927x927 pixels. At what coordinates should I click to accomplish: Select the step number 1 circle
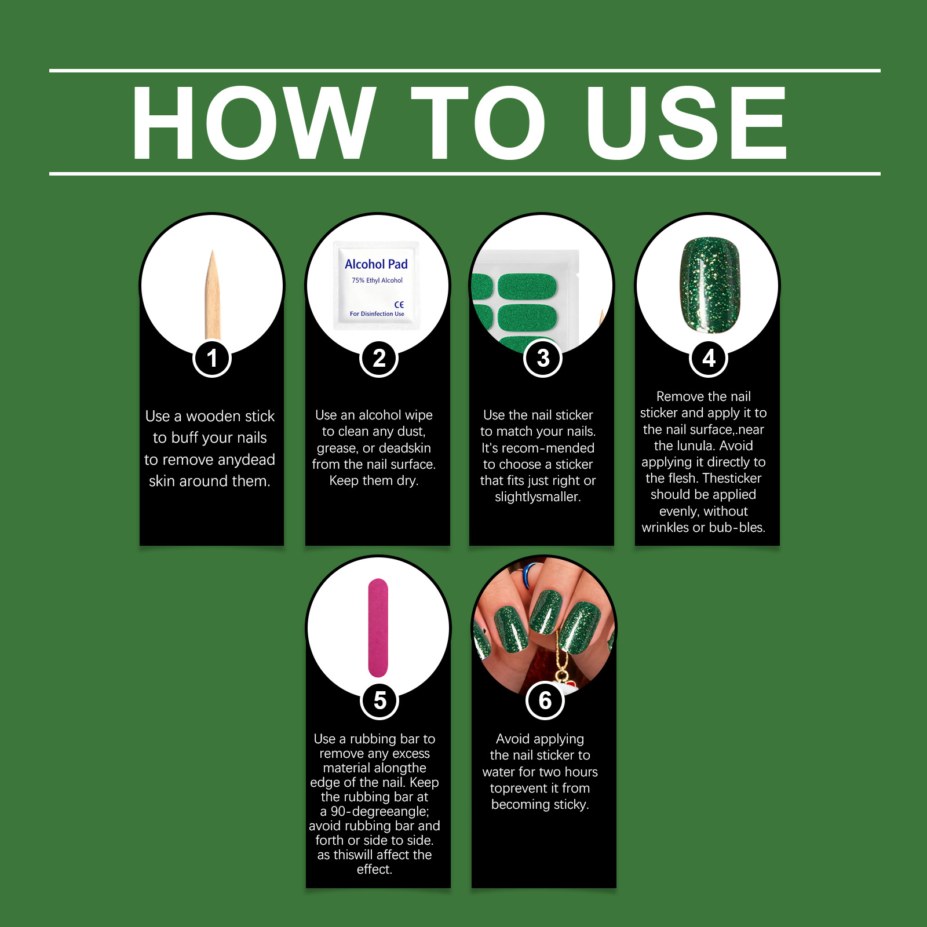tap(212, 358)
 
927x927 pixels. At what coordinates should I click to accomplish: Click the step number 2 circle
tap(379, 358)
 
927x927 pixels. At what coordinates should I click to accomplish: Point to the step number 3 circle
tap(543, 358)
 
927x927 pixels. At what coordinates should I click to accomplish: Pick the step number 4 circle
tap(709, 358)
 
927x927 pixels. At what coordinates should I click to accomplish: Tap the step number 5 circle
tap(379, 700)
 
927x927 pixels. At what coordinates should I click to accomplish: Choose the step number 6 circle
tap(545, 700)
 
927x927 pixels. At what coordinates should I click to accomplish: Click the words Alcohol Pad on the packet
tap(376, 264)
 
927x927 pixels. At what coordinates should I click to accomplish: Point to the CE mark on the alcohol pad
tap(399, 304)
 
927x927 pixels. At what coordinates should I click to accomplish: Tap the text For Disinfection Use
tap(377, 314)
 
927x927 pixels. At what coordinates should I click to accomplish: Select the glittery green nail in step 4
tap(710, 284)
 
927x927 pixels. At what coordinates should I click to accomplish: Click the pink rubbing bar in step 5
tap(378, 627)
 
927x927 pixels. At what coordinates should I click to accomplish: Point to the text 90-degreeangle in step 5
tap(379, 811)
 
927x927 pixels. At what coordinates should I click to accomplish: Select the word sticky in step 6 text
tap(570, 805)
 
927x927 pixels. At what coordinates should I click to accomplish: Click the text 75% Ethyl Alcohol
tap(377, 280)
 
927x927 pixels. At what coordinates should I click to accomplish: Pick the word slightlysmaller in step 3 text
tap(538, 497)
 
